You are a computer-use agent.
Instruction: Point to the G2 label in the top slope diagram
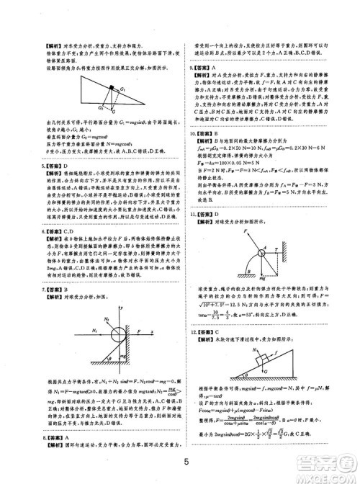[x=101, y=106]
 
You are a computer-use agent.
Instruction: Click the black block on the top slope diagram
[x=112, y=90]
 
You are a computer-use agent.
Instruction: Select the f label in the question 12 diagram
[x=254, y=358]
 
